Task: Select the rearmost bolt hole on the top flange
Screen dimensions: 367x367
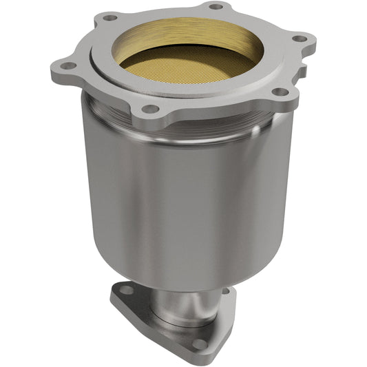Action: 216,6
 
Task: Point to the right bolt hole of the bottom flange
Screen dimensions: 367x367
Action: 224,291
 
